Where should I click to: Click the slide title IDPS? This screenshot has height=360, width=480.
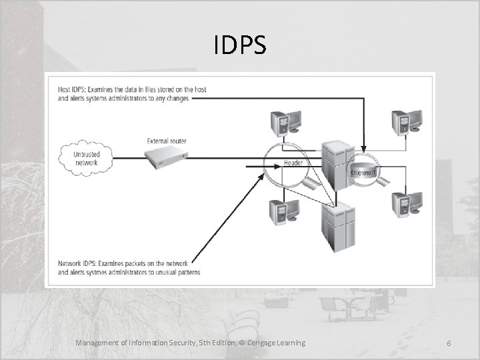240,46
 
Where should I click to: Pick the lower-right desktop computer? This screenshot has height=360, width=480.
407,205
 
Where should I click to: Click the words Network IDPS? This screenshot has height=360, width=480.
75,264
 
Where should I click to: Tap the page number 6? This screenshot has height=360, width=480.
449,343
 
